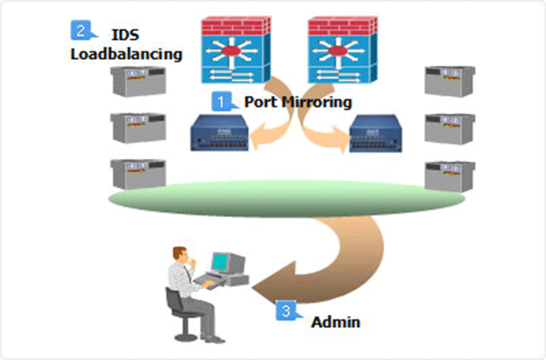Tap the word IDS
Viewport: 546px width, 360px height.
(x=125, y=34)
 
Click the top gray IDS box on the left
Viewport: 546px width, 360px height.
(x=137, y=81)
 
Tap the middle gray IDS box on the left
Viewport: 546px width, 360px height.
(x=137, y=127)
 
